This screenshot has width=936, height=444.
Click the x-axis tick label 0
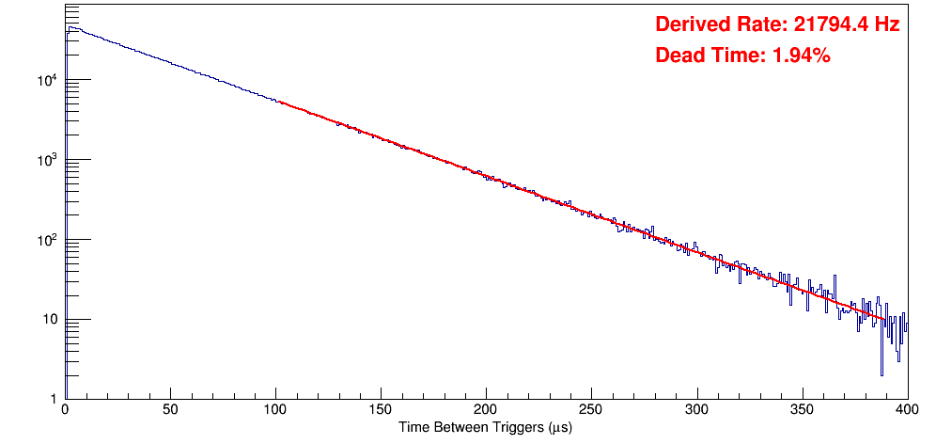point(64,410)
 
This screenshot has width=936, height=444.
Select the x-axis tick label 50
point(170,410)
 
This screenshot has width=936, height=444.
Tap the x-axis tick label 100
point(275,410)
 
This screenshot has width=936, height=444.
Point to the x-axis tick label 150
point(381,410)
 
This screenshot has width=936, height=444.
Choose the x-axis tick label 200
point(486,410)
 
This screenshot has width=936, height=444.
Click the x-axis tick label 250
point(591,410)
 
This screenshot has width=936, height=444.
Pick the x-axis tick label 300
point(696,410)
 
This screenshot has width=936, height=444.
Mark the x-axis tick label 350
point(802,410)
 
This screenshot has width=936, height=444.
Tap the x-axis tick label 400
point(906,410)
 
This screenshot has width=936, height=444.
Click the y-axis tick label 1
point(54,400)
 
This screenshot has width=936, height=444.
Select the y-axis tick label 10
point(50,320)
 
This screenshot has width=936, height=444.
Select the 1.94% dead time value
point(801,56)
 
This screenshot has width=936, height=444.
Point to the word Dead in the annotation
point(679,56)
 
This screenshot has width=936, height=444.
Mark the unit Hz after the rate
point(886,25)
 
